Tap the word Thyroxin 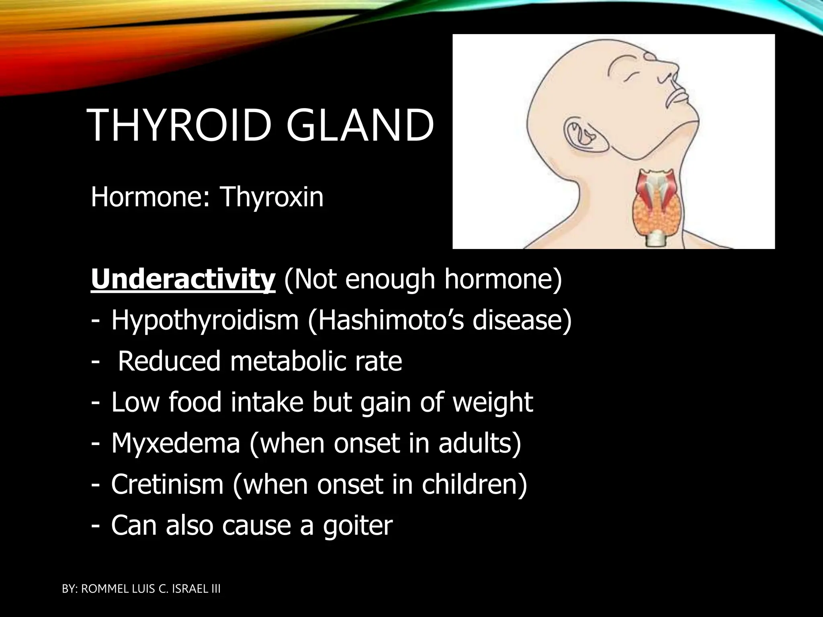point(272,198)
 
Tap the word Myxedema point(176,443)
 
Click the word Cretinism point(167,484)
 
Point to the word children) point(474,484)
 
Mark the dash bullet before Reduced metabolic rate point(95,362)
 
